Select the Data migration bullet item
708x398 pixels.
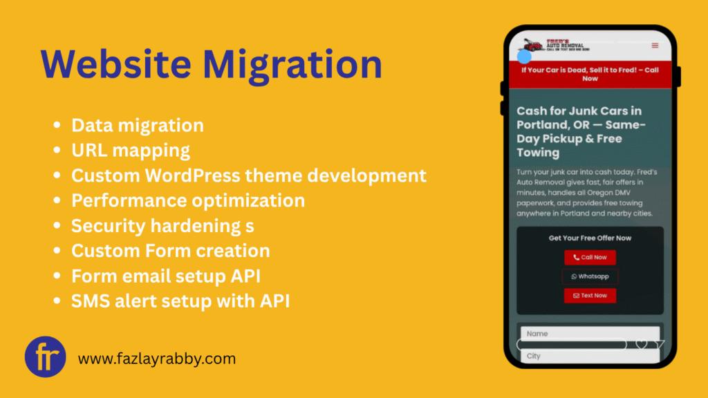coord(138,125)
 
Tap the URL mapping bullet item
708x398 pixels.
coord(131,150)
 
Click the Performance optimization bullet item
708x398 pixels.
coord(188,200)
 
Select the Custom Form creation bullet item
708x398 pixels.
coord(171,250)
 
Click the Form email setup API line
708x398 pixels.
coord(166,275)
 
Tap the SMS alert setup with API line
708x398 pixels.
coord(181,301)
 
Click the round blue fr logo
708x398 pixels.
coord(46,357)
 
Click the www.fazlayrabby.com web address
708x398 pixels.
coord(157,359)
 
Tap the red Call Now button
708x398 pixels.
coord(590,257)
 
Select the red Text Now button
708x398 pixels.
coord(590,296)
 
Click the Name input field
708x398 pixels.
coord(590,334)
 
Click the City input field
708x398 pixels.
coord(590,356)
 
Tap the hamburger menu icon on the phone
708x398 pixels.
coord(655,46)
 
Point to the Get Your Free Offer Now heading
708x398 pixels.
coord(590,238)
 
